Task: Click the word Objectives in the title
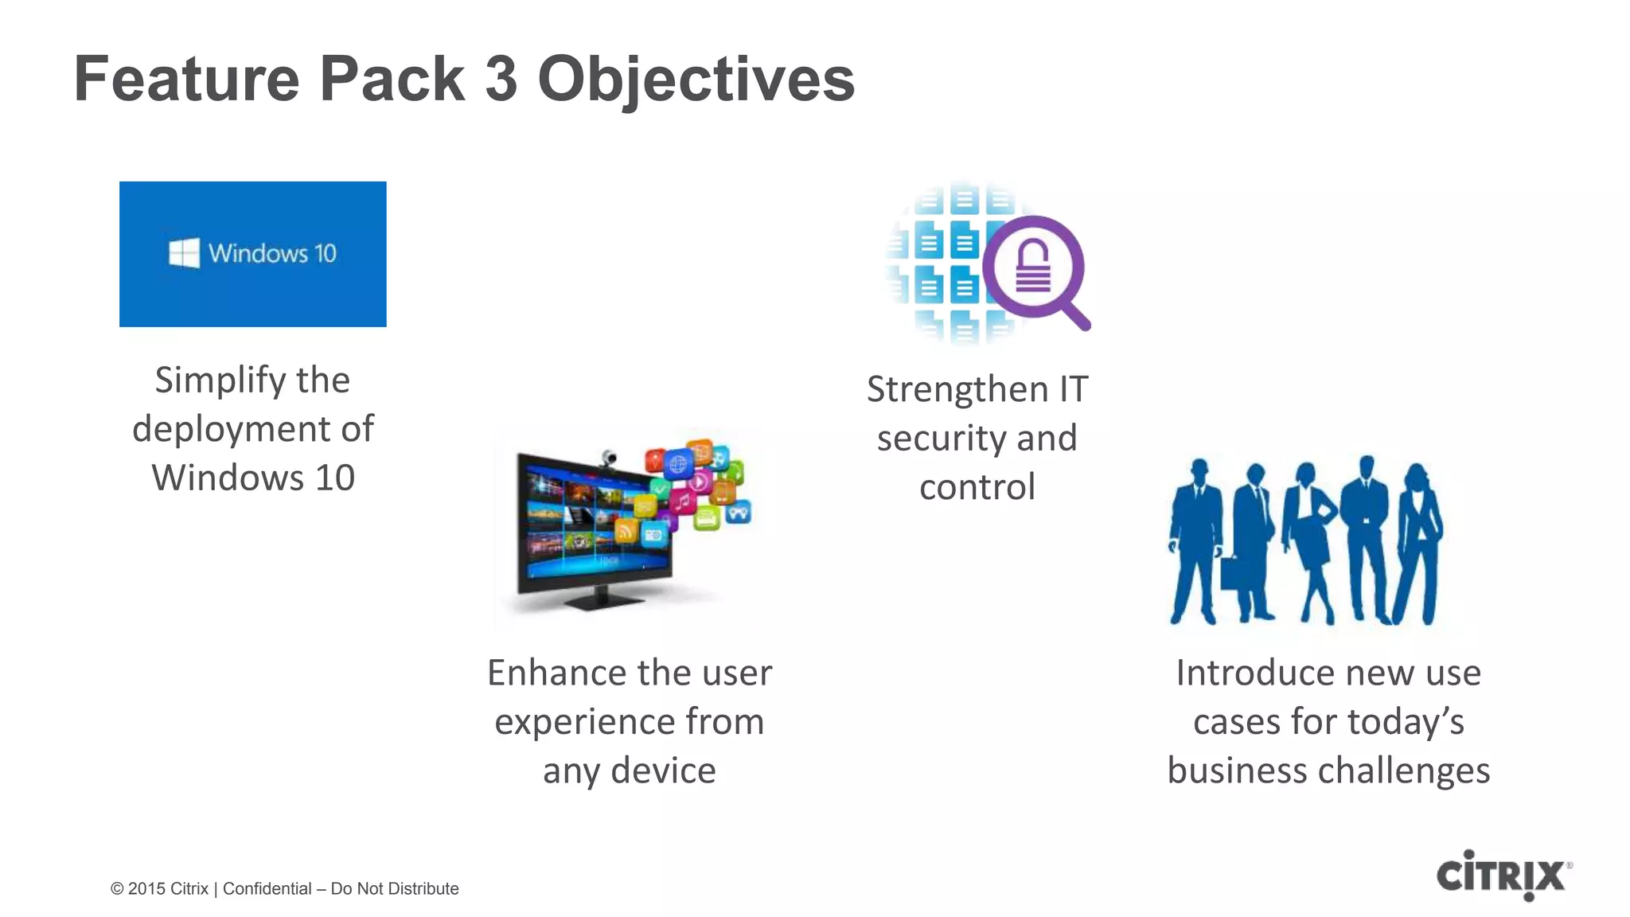pos(696,80)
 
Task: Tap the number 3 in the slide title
pos(501,80)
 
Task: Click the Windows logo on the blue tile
pos(184,253)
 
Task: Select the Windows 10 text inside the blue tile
pos(272,253)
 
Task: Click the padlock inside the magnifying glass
pos(1032,266)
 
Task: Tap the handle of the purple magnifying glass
pos(1074,314)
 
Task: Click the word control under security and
pos(977,487)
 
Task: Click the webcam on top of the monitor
pos(609,458)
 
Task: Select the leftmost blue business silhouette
pos(1194,541)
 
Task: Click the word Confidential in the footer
pos(267,889)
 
